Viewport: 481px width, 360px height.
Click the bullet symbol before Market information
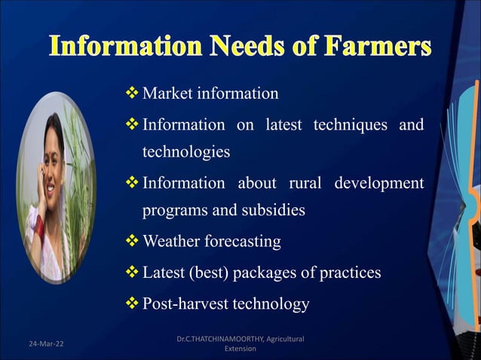(131, 93)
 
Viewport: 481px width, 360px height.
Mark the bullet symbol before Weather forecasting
(131, 241)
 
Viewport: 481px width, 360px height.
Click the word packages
(283, 273)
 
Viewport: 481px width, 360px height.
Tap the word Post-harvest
(187, 304)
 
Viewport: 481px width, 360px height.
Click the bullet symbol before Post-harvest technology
(131, 303)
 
